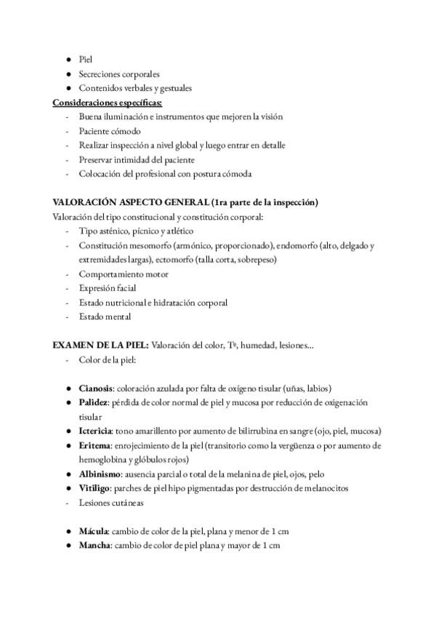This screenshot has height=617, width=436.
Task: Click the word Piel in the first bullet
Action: pyautogui.click(x=86, y=60)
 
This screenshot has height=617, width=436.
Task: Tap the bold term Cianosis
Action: pyautogui.click(x=96, y=388)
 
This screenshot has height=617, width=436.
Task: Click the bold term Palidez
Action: pyautogui.click(x=94, y=402)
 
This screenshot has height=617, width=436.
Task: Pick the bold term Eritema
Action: pyautogui.click(x=95, y=445)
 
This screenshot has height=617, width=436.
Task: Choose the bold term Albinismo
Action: pyautogui.click(x=101, y=474)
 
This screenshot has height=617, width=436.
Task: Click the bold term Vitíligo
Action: pyautogui.click(x=96, y=488)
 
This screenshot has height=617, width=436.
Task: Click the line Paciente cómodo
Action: pyautogui.click(x=110, y=131)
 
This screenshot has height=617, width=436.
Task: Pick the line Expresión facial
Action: pyautogui.click(x=107, y=288)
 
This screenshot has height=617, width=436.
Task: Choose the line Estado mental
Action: pyautogui.click(x=105, y=317)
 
